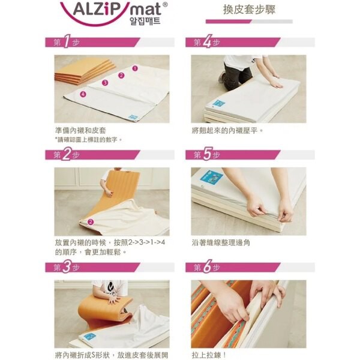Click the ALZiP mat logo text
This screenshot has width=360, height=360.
pos(117,9)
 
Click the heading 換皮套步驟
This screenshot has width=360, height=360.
pos(249,10)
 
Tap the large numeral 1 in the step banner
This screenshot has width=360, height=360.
pos(67,41)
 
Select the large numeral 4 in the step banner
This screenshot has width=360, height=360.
pos(207,41)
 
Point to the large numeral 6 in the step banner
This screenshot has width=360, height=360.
pos(207,266)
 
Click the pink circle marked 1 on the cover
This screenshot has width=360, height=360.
pos(135,68)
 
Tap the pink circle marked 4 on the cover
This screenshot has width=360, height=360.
pos(83,94)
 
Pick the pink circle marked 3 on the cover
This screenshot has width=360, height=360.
pos(105,82)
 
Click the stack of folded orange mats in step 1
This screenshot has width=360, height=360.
pos(85,71)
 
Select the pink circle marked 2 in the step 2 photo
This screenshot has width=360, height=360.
pos(91,221)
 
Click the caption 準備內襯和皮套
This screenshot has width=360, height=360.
pos(80,130)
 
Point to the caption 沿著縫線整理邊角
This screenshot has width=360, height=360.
pos(221,242)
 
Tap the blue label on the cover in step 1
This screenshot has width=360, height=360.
pos(133,118)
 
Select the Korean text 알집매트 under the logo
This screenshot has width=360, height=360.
pos(145,21)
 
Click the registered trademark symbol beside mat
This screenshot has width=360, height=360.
pos(165,5)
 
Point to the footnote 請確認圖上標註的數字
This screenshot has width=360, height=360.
pos(89,139)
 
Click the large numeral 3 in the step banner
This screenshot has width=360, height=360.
pos(67,266)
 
